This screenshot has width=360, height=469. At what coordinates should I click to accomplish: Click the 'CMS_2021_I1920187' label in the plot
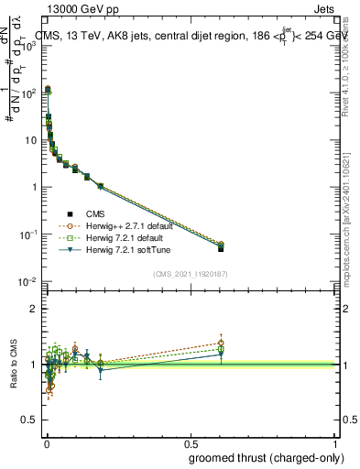[191, 272]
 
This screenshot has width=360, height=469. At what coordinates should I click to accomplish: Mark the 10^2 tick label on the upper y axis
[28, 93]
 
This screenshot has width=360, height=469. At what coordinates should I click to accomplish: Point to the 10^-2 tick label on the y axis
[28, 281]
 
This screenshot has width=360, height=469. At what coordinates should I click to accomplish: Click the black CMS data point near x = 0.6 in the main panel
[221, 248]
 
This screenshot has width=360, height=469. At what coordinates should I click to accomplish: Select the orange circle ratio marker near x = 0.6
[221, 344]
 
